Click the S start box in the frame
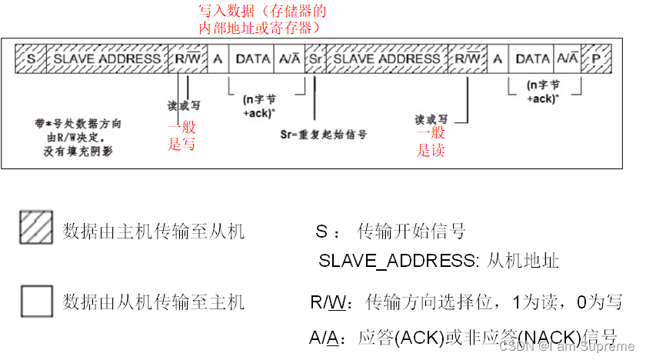31,58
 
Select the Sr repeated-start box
315,58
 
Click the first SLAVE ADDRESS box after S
107,58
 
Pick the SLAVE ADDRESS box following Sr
388,58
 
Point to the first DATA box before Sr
253,58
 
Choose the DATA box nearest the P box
532,58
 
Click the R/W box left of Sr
187,58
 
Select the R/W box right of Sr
468,58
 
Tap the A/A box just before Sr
291,58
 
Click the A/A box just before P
568,58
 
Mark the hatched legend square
37,228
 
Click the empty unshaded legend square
37,301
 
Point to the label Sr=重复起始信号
323,134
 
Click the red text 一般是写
181,136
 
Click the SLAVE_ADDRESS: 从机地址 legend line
438,261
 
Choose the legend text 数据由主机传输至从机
153,230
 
